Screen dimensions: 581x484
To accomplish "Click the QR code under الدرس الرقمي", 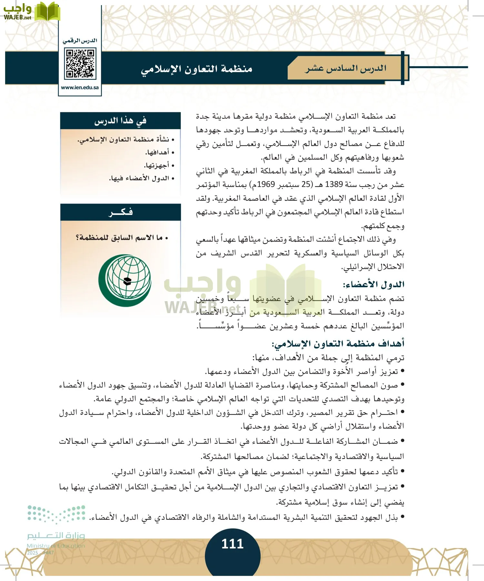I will tap(80, 64).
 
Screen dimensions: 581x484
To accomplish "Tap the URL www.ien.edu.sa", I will tap(80, 87).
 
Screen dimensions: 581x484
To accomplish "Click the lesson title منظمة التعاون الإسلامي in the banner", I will tap(197, 69).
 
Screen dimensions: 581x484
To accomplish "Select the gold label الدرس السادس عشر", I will tap(346, 68).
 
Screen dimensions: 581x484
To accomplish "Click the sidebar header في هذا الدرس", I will tap(120, 121).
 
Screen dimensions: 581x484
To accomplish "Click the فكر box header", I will tap(120, 212).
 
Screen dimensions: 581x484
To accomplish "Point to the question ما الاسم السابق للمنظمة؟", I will tap(121, 238).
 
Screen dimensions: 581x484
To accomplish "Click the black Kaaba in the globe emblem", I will tap(127, 280).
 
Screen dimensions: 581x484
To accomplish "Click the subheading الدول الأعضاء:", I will tap(373, 284).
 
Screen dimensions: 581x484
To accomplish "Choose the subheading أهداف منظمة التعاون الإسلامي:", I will tap(338, 343).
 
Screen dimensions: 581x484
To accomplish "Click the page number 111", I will tap(232, 544).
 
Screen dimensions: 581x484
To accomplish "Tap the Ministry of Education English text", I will tap(55, 546).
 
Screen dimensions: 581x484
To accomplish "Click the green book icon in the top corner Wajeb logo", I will tap(47, 11).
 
